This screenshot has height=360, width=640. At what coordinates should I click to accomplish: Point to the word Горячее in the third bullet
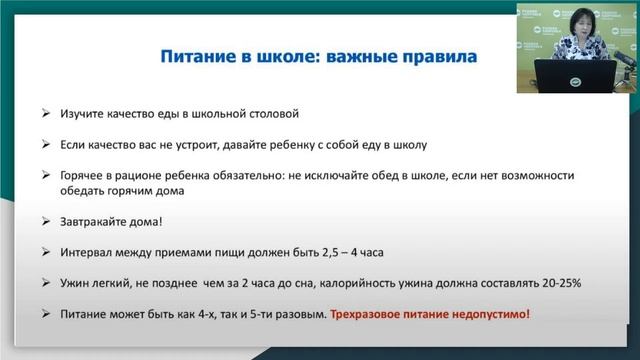tap(94, 174)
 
